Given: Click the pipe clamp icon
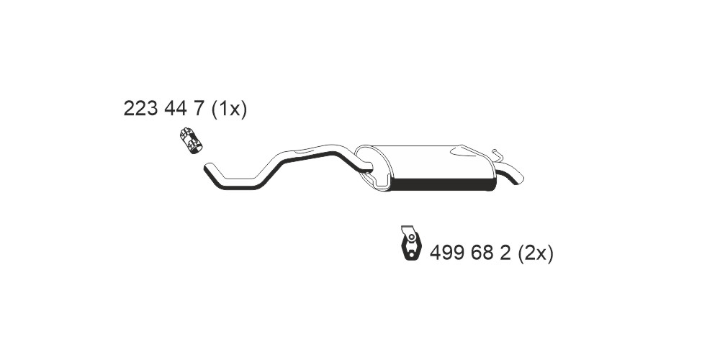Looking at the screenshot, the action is tap(191, 140).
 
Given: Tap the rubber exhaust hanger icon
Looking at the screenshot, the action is tap(410, 243).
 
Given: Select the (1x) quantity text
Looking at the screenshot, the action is tap(229, 109).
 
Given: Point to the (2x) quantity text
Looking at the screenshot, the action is tap(536, 253).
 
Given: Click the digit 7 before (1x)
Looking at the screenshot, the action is tap(199, 109).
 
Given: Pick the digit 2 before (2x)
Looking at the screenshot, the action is tap(505, 253).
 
